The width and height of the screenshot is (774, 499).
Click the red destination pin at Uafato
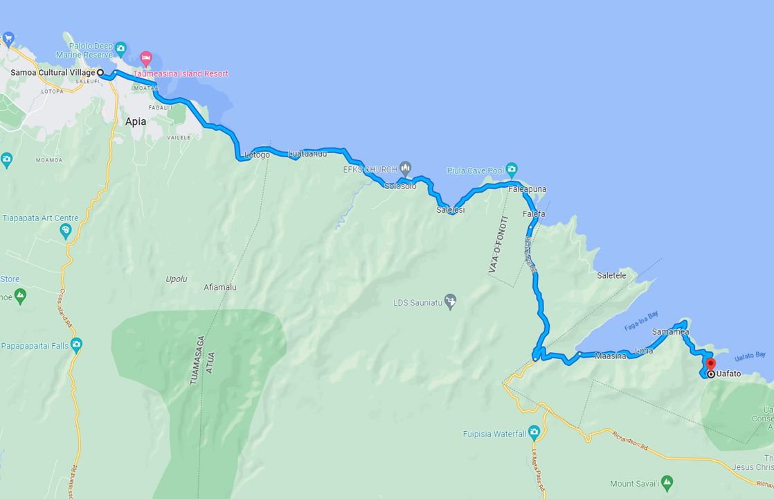tap(710, 365)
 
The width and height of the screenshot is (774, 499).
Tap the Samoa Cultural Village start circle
tap(100, 72)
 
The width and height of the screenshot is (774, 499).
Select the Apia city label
tap(136, 121)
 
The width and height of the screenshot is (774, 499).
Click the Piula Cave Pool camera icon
tap(512, 169)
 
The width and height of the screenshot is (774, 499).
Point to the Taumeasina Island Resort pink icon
tap(145, 58)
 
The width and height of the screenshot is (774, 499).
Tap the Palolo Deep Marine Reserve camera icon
tap(120, 48)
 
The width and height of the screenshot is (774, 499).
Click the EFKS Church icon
tap(406, 168)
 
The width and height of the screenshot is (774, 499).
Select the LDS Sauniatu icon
tap(450, 301)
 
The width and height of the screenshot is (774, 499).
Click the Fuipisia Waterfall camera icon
tap(533, 432)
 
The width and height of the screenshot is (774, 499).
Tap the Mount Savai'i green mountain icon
tap(667, 482)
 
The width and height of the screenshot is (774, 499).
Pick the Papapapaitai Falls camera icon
tap(76, 344)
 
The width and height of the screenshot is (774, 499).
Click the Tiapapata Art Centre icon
tap(66, 231)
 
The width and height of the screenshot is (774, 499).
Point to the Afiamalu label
tap(220, 287)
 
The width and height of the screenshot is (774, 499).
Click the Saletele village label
tap(611, 275)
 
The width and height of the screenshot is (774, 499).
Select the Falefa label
tap(534, 214)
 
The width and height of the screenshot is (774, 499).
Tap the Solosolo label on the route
tap(400, 186)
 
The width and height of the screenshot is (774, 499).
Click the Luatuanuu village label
tap(307, 154)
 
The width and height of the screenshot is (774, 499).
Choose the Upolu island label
tap(177, 279)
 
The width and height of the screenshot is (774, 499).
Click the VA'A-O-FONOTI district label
tap(499, 244)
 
